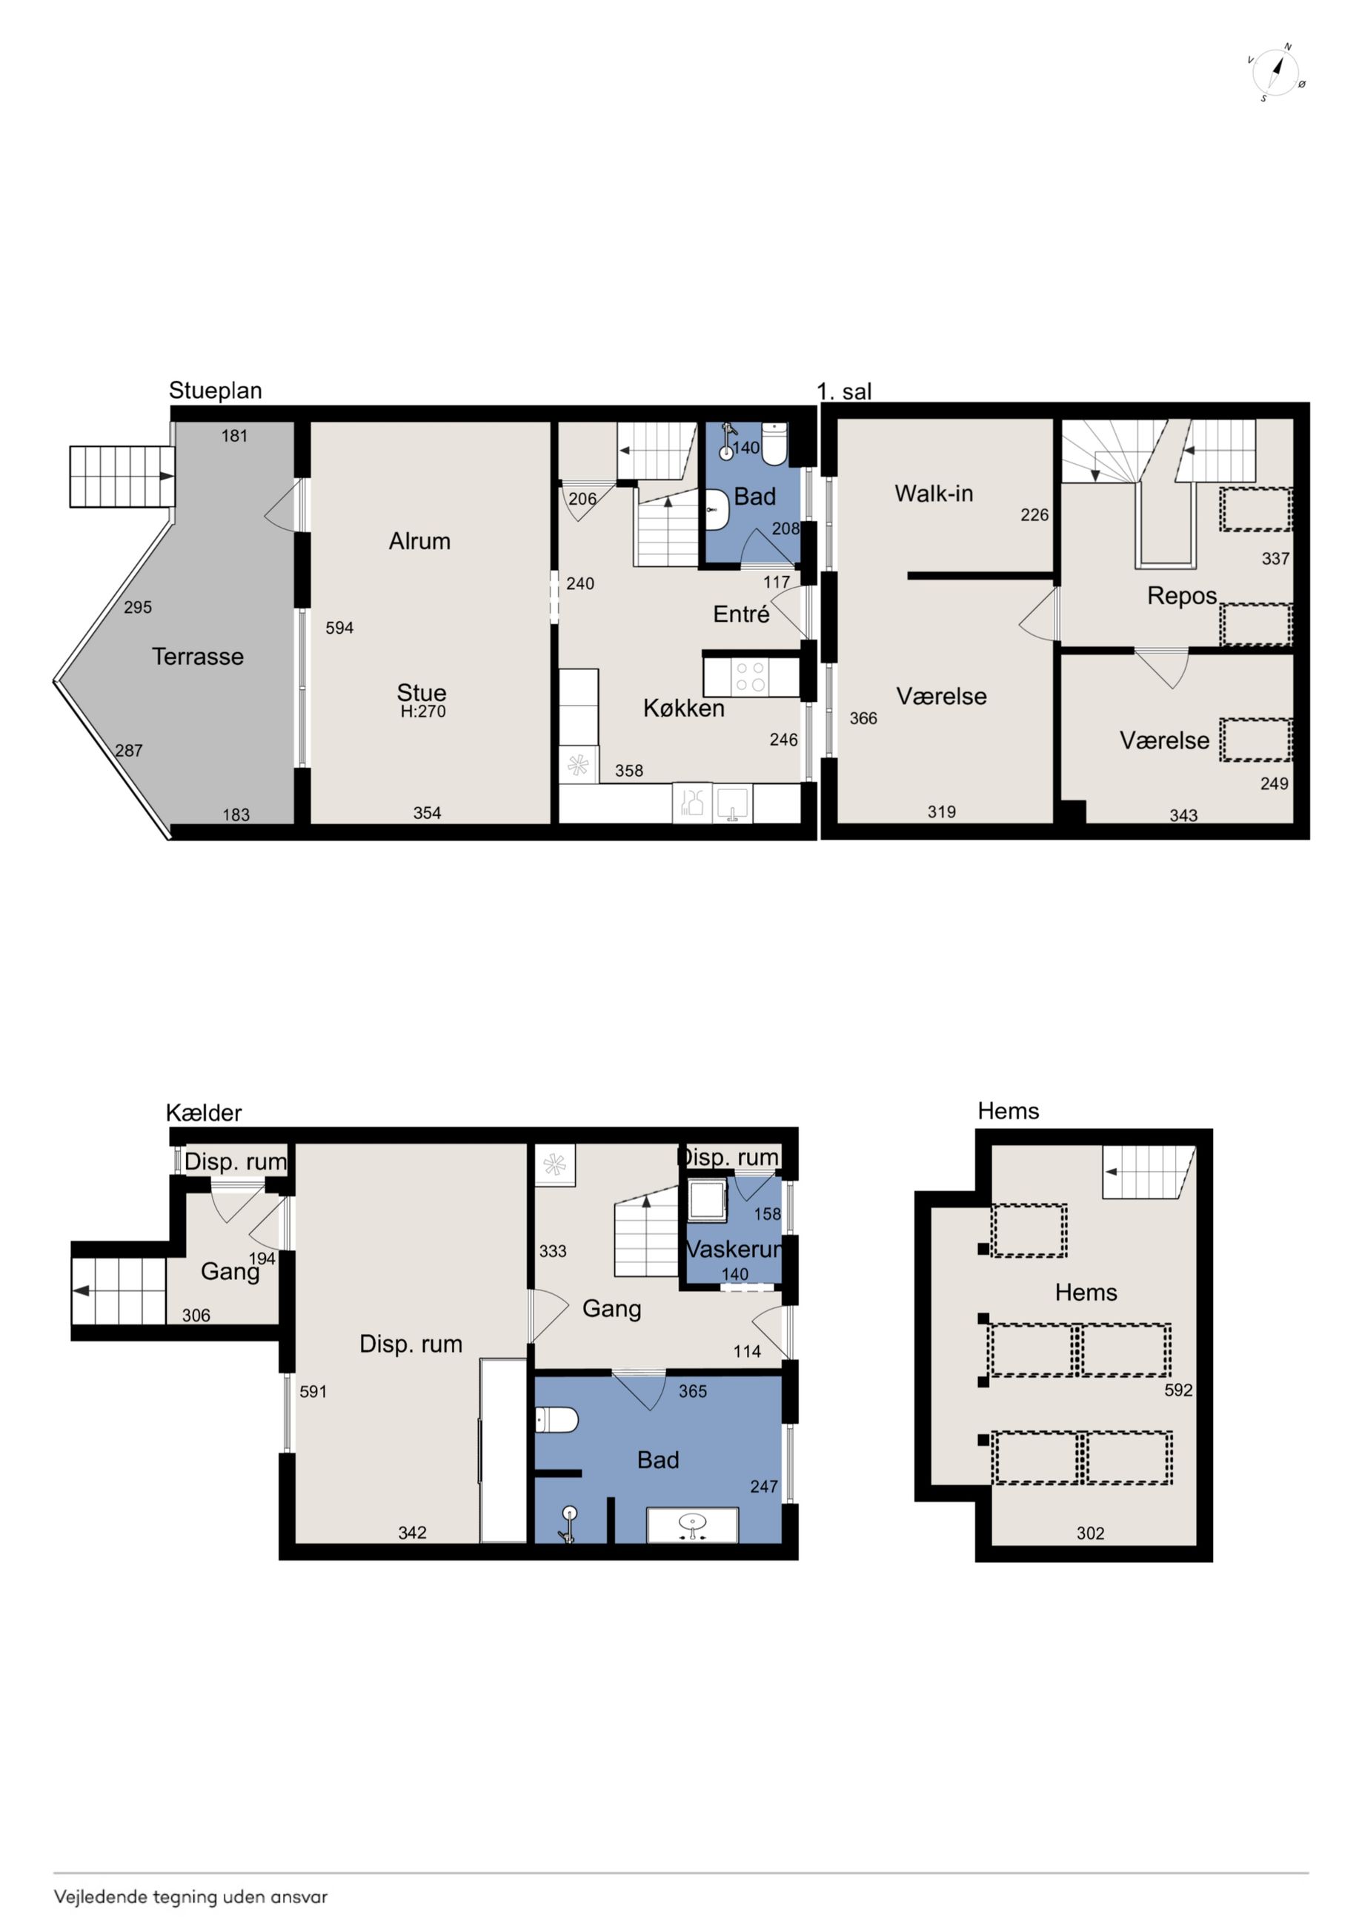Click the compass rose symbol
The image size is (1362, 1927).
(1275, 72)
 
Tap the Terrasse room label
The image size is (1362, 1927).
(198, 657)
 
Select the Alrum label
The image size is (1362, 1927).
(419, 541)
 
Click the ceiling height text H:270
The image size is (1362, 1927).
(423, 712)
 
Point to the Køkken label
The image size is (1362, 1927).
(684, 709)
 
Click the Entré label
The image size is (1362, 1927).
(741, 614)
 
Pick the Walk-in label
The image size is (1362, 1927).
(934, 494)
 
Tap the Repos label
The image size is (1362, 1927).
(1182, 597)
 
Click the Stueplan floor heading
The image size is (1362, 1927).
(216, 391)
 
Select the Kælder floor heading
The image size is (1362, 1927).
(204, 1113)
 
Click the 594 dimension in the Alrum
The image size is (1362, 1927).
(340, 628)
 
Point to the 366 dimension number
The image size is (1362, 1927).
(863, 718)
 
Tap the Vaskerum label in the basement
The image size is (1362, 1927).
(734, 1249)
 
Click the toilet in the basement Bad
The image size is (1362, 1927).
(557, 1421)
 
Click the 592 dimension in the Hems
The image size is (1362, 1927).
(1178, 1390)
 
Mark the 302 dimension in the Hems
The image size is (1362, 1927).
(1091, 1533)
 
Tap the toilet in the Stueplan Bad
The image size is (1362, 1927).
(774, 444)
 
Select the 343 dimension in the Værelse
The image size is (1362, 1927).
(1183, 815)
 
